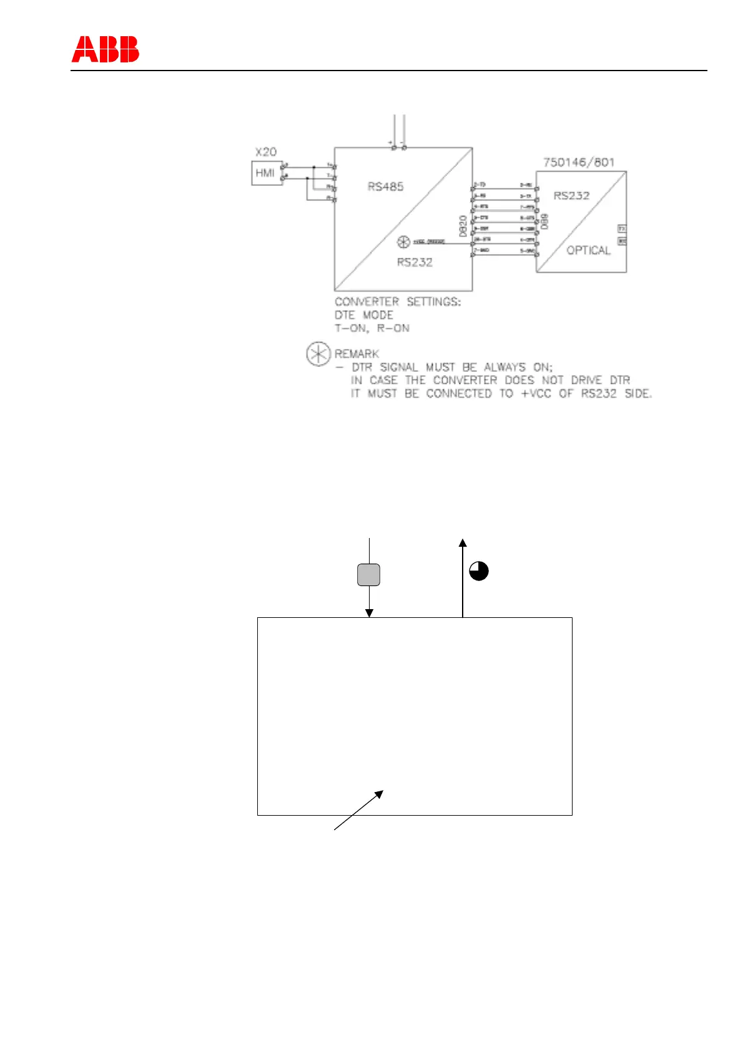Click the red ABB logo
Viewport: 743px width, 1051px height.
[105, 49]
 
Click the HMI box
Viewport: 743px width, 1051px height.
[265, 173]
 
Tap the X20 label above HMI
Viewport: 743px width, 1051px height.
[266, 152]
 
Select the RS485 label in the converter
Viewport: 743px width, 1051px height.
[385, 186]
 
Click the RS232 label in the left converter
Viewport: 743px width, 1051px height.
[415, 262]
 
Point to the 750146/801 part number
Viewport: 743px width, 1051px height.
[579, 162]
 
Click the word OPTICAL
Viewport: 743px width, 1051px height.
[588, 250]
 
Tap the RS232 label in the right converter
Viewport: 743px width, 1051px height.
[571, 195]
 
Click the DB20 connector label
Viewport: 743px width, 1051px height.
[463, 225]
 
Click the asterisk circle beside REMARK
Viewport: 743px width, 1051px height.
[318, 354]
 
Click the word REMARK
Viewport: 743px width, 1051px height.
[357, 354]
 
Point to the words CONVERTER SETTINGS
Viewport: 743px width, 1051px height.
[398, 302]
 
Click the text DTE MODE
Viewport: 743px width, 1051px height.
[364, 315]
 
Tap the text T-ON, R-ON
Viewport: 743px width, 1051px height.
[372, 328]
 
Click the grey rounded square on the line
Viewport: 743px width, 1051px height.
[369, 575]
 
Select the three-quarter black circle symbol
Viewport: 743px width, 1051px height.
[479, 571]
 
